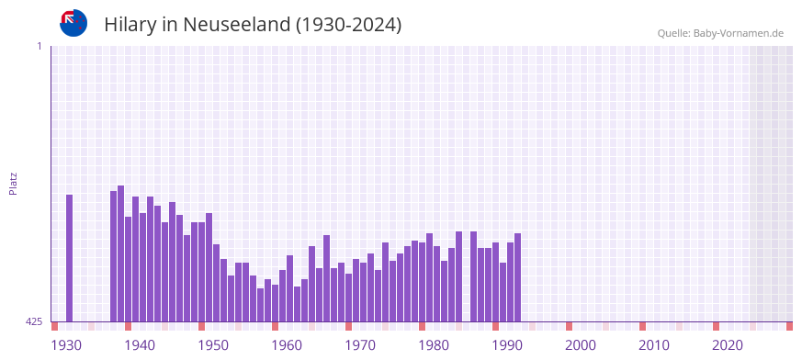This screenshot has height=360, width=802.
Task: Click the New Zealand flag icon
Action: click(x=73, y=23)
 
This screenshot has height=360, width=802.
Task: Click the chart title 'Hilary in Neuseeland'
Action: click(x=253, y=25)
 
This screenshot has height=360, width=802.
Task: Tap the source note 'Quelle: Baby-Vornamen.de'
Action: click(x=720, y=33)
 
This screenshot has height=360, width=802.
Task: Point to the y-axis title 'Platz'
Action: click(x=13, y=183)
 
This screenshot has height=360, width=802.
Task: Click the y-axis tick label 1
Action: click(x=39, y=46)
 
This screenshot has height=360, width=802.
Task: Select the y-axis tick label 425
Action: click(x=34, y=321)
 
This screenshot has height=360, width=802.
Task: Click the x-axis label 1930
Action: click(x=66, y=345)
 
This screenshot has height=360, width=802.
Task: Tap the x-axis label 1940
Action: click(x=140, y=345)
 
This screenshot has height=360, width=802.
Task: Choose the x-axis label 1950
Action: click(x=213, y=345)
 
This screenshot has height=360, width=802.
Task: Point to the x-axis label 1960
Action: click(x=287, y=345)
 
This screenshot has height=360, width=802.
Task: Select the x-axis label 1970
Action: click(x=360, y=345)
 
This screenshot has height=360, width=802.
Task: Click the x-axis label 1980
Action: click(x=434, y=345)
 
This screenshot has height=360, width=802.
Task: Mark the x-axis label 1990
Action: click(x=507, y=345)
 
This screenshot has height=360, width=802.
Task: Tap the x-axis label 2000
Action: click(x=581, y=345)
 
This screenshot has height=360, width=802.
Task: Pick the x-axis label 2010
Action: click(x=654, y=345)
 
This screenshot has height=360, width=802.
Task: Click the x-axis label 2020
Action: click(x=728, y=345)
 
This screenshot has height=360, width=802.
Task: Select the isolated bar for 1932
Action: click(x=69, y=258)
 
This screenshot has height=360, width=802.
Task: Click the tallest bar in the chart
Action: click(x=120, y=253)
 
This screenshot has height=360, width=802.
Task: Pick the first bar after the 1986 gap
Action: click(x=473, y=276)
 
